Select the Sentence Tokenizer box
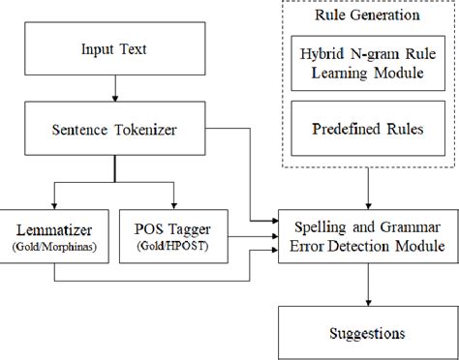[x=114, y=126]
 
